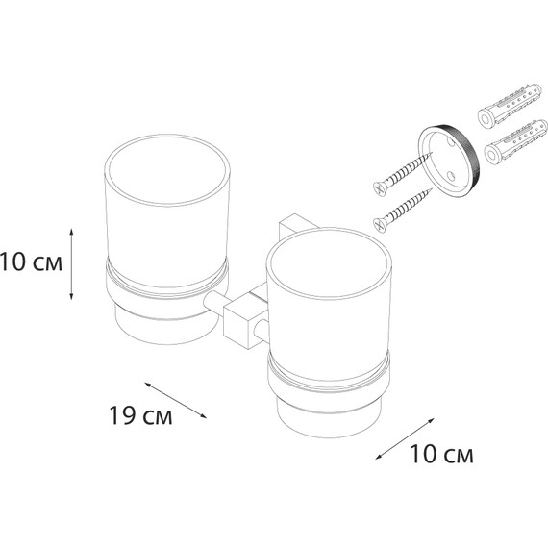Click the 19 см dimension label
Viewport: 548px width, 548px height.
click(140, 415)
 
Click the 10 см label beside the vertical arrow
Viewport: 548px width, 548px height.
click(31, 262)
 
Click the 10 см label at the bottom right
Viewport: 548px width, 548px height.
click(441, 454)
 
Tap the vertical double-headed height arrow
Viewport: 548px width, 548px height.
click(71, 263)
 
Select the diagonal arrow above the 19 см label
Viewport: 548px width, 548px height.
click(175, 400)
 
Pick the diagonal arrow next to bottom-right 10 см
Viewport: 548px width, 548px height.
click(405, 438)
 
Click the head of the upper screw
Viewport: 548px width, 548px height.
click(379, 188)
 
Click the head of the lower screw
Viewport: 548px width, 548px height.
click(380, 225)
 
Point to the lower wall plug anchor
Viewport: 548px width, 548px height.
click(516, 143)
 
